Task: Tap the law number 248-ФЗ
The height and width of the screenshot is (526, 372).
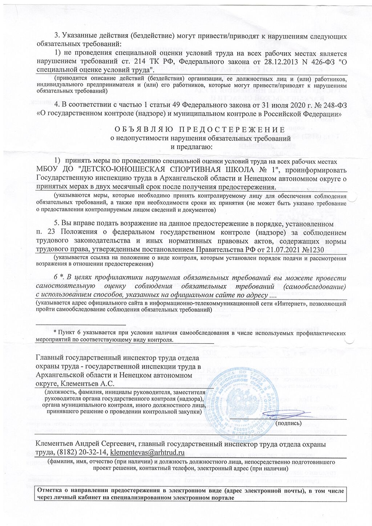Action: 329,105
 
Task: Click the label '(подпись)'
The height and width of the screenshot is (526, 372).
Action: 288,423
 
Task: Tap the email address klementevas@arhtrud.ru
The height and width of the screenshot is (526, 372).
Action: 147,452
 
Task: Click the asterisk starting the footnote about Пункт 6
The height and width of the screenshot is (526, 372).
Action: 55,332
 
